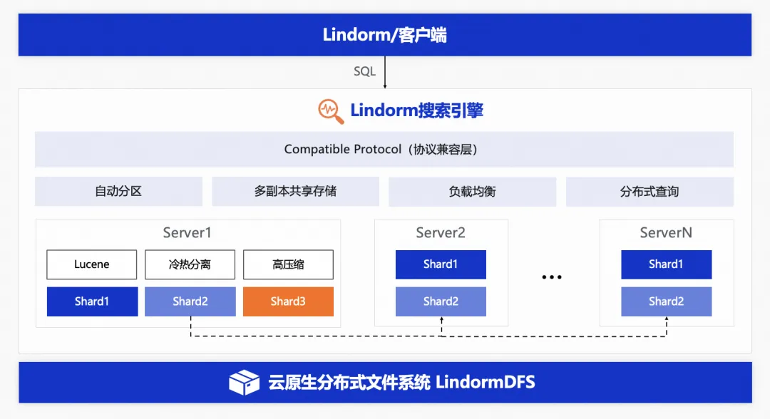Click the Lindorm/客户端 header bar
tap(384, 34)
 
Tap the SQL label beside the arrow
tap(364, 71)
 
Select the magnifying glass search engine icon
tap(330, 110)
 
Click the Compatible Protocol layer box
tap(384, 150)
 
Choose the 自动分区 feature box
tap(118, 192)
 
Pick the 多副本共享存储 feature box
tap(295, 192)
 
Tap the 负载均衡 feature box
tap(472, 192)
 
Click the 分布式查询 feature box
tap(650, 192)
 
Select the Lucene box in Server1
tap(92, 264)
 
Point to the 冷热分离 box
tap(190, 264)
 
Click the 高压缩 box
tap(288, 264)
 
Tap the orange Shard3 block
tap(288, 301)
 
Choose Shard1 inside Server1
tap(92, 301)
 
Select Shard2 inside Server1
tap(190, 301)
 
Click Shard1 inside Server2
tap(441, 264)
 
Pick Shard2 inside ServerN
tap(666, 301)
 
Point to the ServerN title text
tap(666, 233)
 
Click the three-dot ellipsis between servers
tap(552, 277)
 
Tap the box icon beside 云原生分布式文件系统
tap(244, 383)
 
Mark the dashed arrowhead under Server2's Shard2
tap(441, 320)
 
